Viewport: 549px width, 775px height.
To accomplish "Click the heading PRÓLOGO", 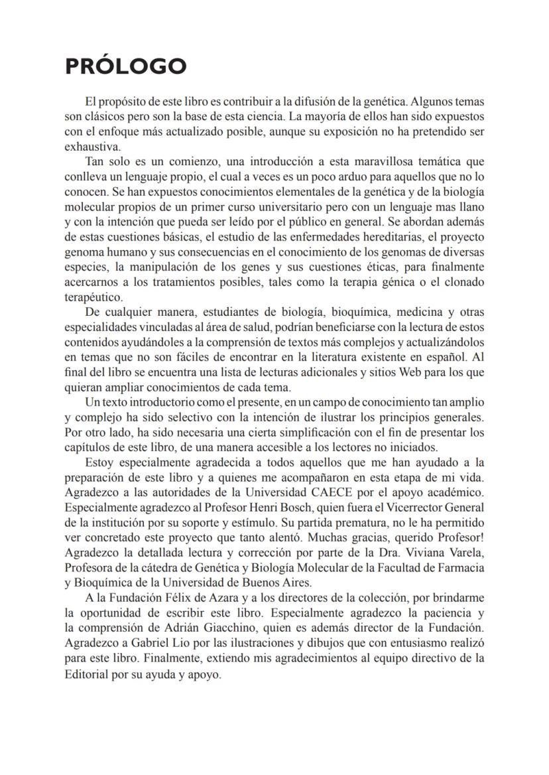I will pyautogui.click(x=125, y=66).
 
